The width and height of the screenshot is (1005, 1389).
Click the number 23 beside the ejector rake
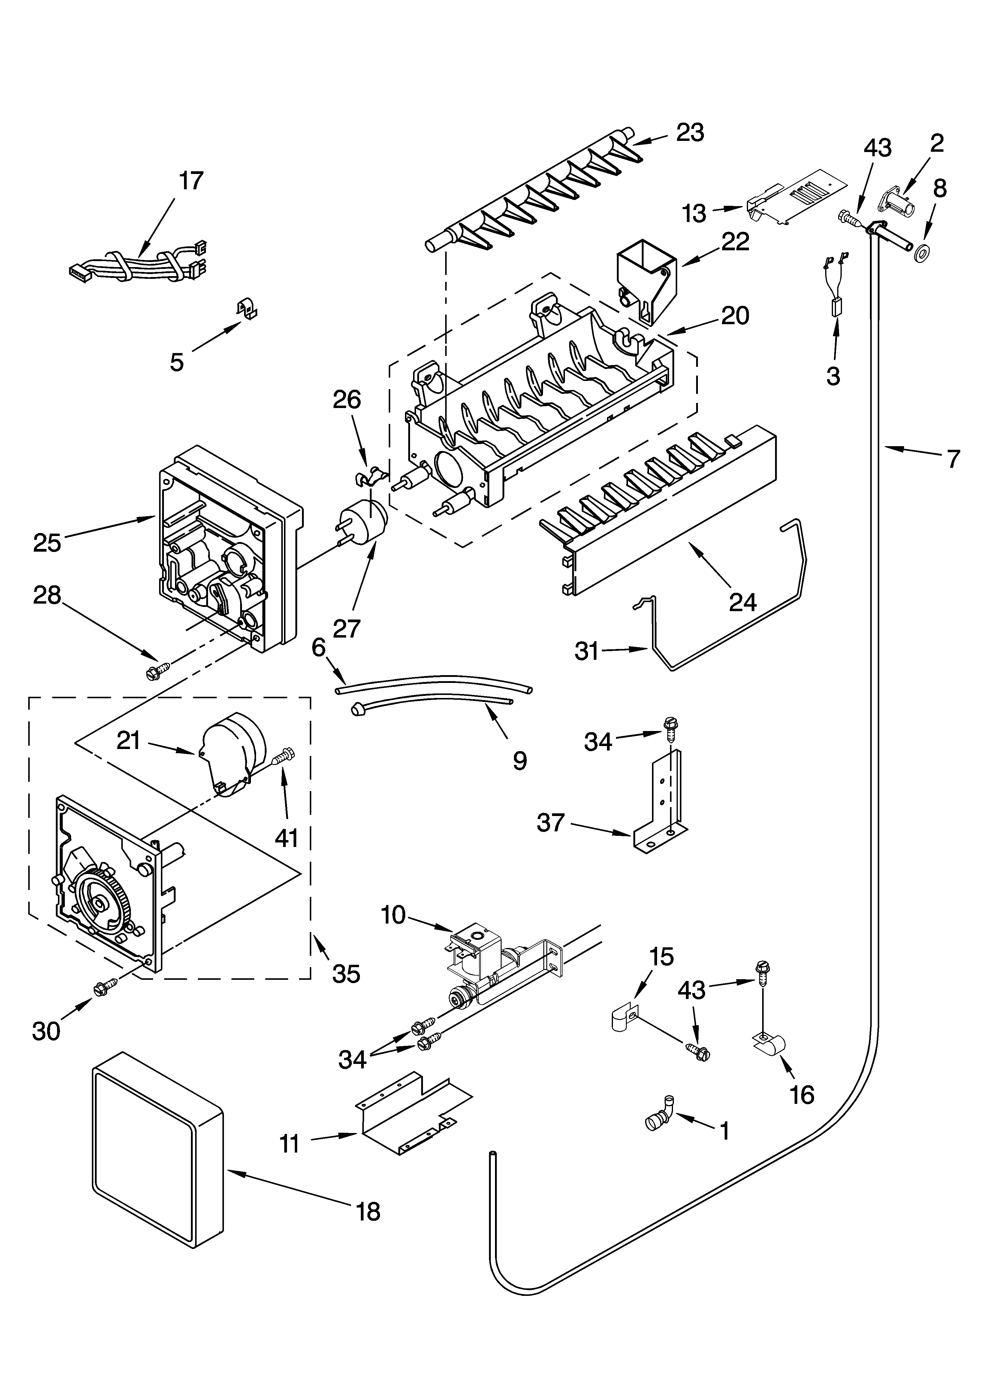point(690,133)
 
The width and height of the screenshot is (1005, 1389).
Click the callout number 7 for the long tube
point(954,459)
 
